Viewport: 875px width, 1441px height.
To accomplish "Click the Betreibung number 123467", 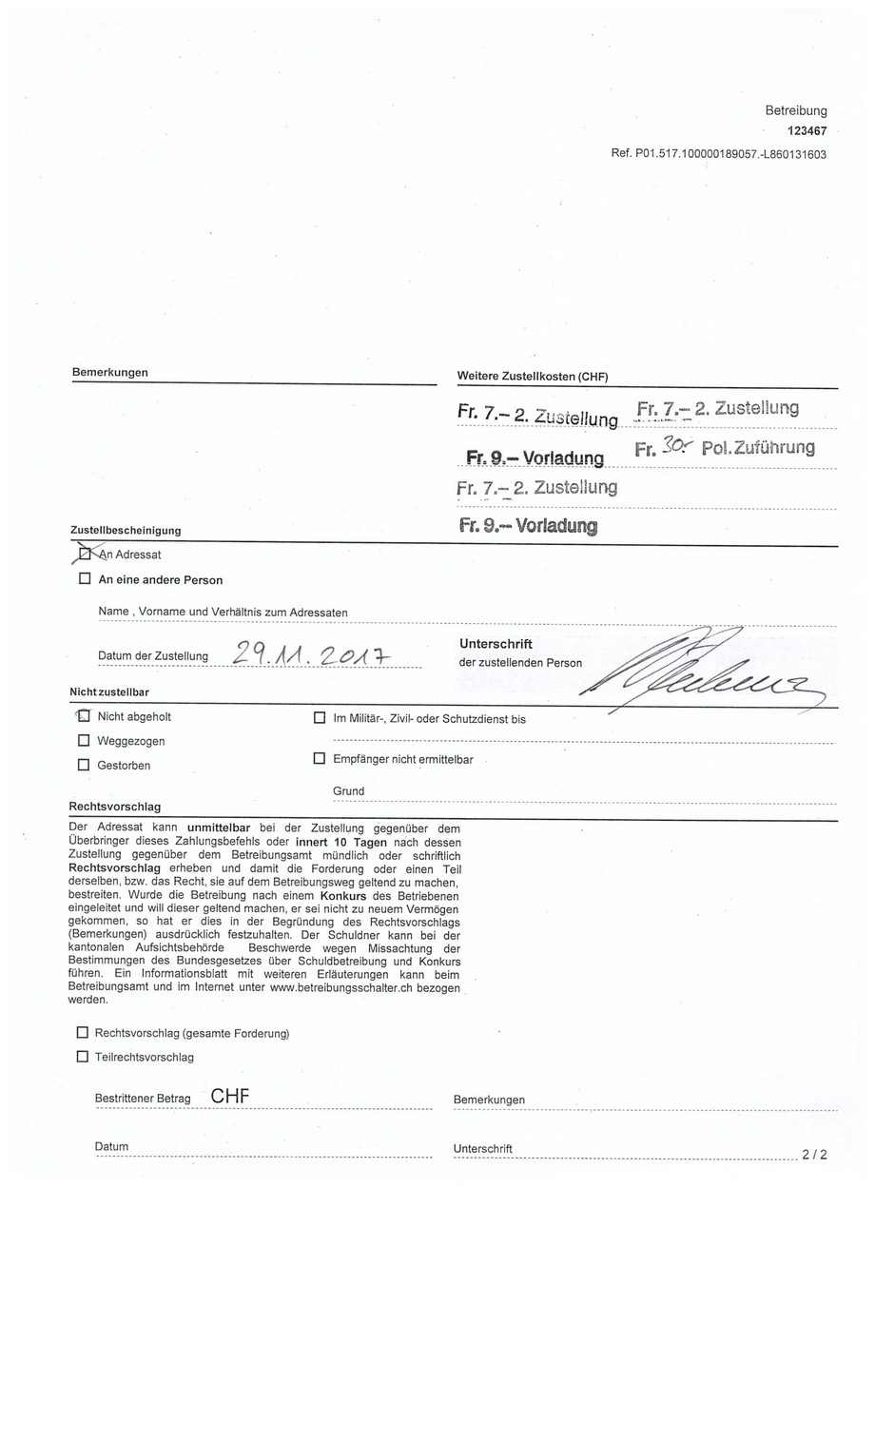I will (807, 131).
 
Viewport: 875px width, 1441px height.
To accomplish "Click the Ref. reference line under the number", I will (718, 154).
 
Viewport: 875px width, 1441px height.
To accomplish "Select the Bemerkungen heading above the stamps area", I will (109, 372).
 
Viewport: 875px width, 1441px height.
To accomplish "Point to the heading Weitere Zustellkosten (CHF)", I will (532, 376).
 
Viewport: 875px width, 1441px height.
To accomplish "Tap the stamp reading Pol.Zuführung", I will (757, 447).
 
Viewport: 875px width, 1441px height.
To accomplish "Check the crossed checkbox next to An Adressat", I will (85, 554).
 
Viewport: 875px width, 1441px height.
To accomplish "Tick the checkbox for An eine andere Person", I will (85, 578).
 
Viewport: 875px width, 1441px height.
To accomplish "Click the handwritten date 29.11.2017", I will (314, 653).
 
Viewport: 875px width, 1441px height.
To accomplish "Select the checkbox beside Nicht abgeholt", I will (84, 716).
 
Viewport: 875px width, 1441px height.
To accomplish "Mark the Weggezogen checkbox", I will (84, 740).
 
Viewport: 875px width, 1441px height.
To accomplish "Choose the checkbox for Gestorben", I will (84, 765).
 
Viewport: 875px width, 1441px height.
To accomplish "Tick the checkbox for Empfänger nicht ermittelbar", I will (320, 759).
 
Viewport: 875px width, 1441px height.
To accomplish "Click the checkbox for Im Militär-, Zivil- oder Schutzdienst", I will (320, 718).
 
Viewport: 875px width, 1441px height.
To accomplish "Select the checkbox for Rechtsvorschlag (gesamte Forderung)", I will (82, 1032).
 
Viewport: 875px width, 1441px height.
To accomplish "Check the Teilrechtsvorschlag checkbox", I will (82, 1056).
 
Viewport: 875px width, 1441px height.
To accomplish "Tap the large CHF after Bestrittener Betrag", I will (230, 1096).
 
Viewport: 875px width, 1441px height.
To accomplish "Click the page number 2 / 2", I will (814, 1155).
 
